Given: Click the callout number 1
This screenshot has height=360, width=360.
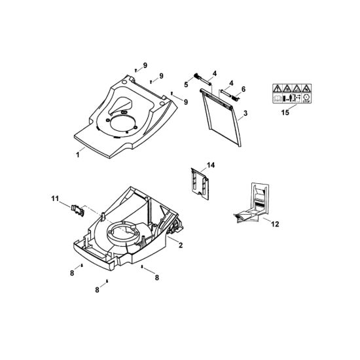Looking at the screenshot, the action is pyautogui.click(x=78, y=154).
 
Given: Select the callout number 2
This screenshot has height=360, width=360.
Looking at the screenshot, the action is pyautogui.click(x=181, y=245).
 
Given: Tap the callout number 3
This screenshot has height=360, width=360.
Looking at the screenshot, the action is pyautogui.click(x=245, y=113).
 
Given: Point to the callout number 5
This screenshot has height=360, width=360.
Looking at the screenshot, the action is pyautogui.click(x=186, y=84).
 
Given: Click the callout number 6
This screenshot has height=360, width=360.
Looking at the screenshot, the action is pyautogui.click(x=243, y=89).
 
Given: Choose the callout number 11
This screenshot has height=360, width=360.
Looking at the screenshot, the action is pyautogui.click(x=55, y=198).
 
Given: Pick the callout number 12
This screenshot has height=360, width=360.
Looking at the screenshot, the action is pyautogui.click(x=275, y=224).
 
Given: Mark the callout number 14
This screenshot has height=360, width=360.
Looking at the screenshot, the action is pyautogui.click(x=211, y=165).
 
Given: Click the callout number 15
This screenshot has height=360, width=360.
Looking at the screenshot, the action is pyautogui.click(x=285, y=113).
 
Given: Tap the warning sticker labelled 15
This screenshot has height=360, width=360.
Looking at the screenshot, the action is pyautogui.click(x=292, y=94).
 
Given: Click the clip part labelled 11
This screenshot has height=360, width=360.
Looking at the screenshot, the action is pyautogui.click(x=77, y=210).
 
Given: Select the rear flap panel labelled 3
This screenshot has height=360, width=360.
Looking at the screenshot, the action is pyautogui.click(x=221, y=117).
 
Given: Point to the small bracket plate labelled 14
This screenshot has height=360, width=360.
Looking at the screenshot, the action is pyautogui.click(x=200, y=183).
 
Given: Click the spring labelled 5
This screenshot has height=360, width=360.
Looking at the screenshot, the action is pyautogui.click(x=197, y=76).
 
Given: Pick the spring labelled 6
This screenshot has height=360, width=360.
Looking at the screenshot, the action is pyautogui.click(x=236, y=98).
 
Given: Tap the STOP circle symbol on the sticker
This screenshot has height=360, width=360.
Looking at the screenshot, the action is pyautogui.click(x=306, y=98).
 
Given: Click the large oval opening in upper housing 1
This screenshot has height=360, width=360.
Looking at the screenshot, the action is pyautogui.click(x=122, y=124).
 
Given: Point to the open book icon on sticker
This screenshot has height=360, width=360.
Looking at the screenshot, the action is pyautogui.click(x=278, y=98).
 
